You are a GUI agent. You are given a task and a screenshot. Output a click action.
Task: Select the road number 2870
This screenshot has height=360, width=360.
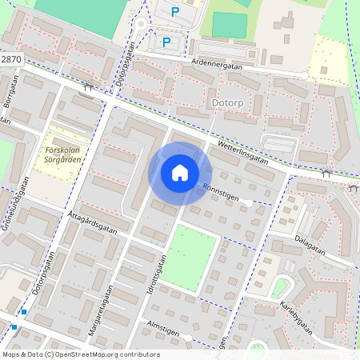[x=11, y=60]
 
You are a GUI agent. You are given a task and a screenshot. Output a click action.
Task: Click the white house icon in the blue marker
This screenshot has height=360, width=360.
[x=180, y=173]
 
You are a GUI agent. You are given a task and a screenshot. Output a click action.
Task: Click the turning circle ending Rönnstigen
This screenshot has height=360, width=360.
[x=250, y=203]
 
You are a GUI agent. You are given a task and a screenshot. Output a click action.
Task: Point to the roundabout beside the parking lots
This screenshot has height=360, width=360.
[x=142, y=24]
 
